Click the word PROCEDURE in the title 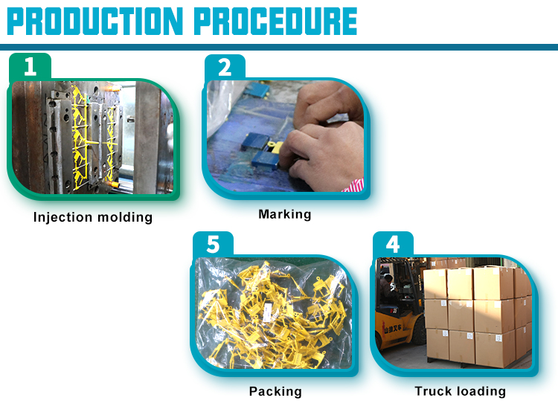pyautogui.click(x=275, y=22)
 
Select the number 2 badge pyautogui.click(x=225, y=67)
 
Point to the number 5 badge pyautogui.click(x=213, y=244)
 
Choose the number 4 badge pyautogui.click(x=393, y=244)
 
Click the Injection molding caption pyautogui.click(x=93, y=217)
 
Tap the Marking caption pyautogui.click(x=285, y=214)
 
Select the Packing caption pyautogui.click(x=275, y=391)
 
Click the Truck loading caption pyautogui.click(x=460, y=391)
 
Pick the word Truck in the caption pyautogui.click(x=431, y=390)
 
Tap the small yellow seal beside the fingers pyautogui.click(x=275, y=147)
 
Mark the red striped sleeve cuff pyautogui.click(x=353, y=186)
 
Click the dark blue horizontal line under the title pyautogui.click(x=279, y=48)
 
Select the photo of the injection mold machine pyautogui.click(x=92, y=138)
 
